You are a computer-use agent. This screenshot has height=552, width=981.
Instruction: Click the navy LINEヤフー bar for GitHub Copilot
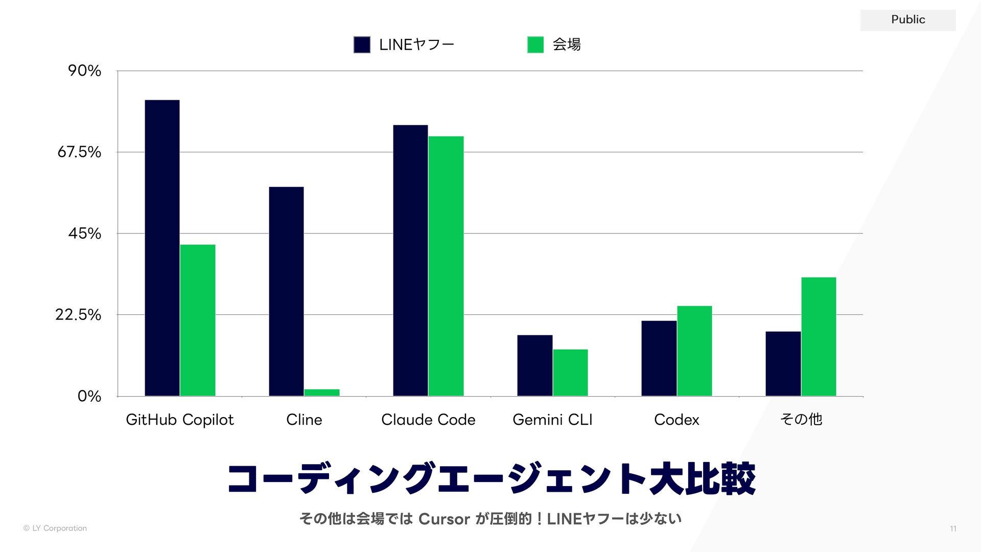click(162, 248)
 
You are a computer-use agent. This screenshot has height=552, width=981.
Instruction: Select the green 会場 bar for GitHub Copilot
click(198, 320)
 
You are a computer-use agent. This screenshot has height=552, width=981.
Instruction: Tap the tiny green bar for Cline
click(322, 393)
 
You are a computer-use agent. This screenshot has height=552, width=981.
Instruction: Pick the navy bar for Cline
click(286, 291)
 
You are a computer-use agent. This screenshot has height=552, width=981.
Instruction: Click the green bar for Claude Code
click(446, 266)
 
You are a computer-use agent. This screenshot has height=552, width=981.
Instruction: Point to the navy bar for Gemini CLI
click(534, 365)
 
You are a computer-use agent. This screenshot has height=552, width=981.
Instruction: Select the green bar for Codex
click(694, 351)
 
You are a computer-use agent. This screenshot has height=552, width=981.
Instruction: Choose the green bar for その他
click(819, 337)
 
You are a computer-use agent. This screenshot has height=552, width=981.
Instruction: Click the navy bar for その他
click(783, 364)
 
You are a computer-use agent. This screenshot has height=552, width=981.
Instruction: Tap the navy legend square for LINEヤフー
click(362, 44)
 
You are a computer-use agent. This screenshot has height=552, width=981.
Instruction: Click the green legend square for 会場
click(535, 44)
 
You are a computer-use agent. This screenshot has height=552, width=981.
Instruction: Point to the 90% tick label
click(85, 71)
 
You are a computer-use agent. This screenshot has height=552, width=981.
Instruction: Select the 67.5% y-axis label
click(79, 152)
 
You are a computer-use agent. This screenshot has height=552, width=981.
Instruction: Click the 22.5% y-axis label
click(78, 314)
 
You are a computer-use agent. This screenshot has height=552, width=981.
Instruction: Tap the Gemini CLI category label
click(552, 420)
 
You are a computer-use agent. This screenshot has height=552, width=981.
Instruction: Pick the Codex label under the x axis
click(676, 420)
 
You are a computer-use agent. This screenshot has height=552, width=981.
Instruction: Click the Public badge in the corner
click(908, 20)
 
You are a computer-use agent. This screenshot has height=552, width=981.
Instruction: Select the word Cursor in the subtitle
click(444, 519)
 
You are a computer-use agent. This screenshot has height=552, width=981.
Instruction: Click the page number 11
click(953, 528)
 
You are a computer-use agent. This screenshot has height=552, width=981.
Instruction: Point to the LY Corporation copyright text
click(55, 528)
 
